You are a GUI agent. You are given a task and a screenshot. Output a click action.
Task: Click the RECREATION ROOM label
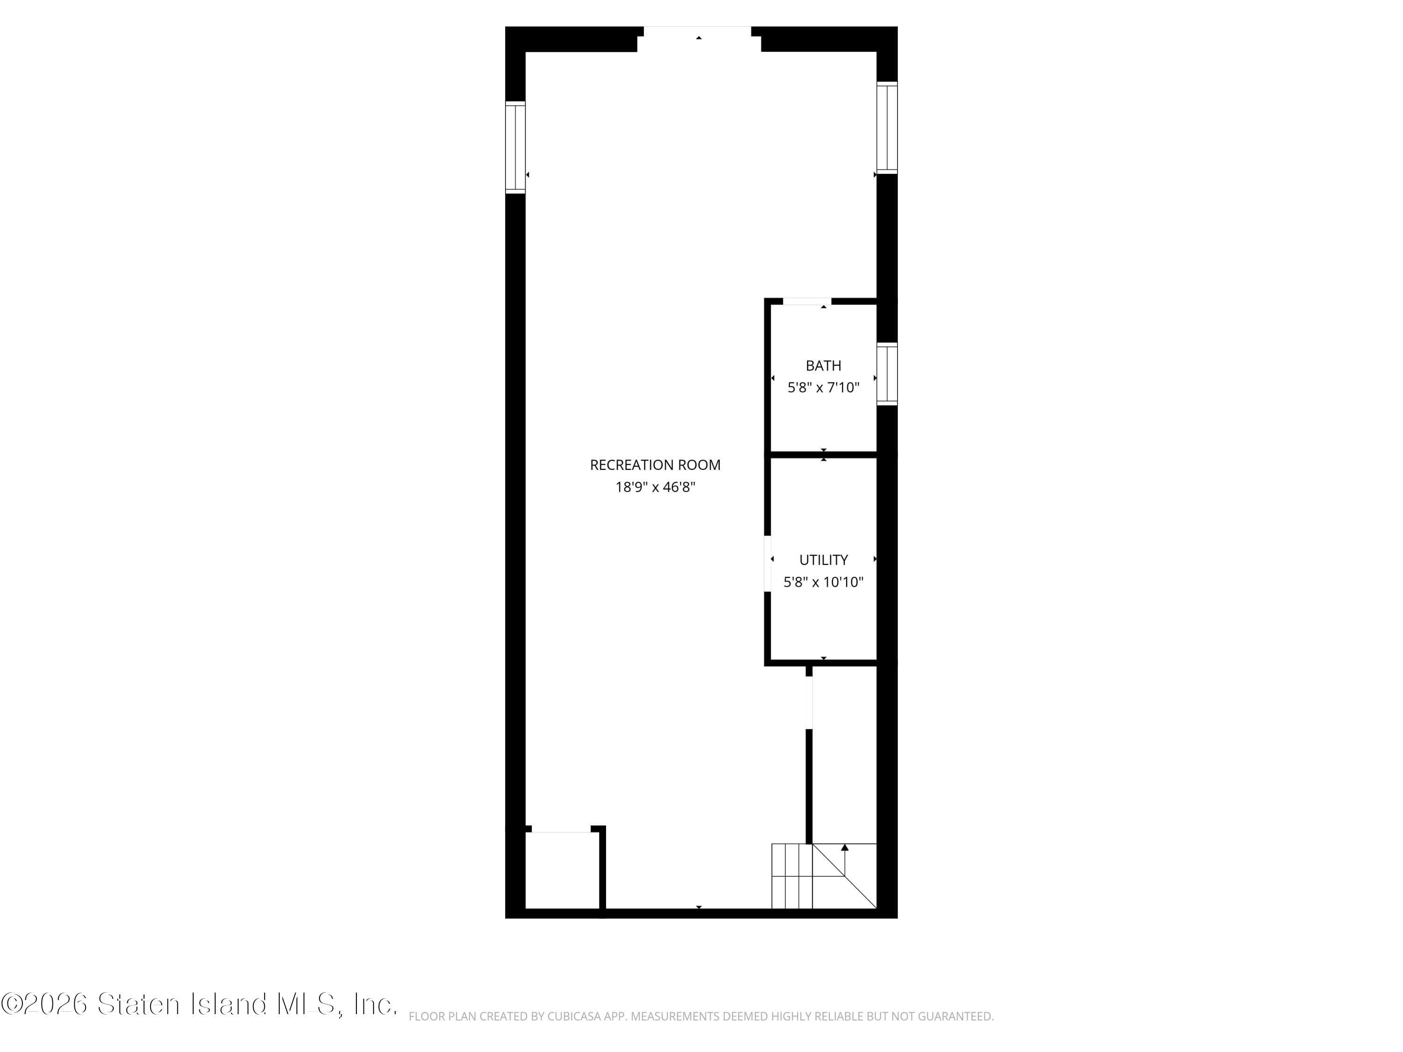click(655, 465)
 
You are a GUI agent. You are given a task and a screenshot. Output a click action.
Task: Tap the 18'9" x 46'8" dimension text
click(655, 487)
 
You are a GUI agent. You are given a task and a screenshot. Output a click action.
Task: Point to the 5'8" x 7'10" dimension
click(823, 388)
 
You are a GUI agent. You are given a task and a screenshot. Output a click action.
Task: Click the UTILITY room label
click(823, 560)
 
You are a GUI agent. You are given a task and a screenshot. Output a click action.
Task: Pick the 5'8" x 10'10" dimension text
click(823, 582)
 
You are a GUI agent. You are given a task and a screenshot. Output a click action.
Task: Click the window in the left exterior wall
click(515, 147)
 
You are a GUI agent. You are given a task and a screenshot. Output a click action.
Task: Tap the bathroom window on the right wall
click(887, 374)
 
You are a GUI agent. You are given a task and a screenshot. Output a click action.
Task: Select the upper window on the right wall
click(887, 128)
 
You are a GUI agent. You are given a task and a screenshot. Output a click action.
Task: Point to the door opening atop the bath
click(807, 301)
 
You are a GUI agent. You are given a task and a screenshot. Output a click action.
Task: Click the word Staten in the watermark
click(139, 1004)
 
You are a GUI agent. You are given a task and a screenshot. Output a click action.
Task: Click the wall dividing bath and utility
click(823, 454)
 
